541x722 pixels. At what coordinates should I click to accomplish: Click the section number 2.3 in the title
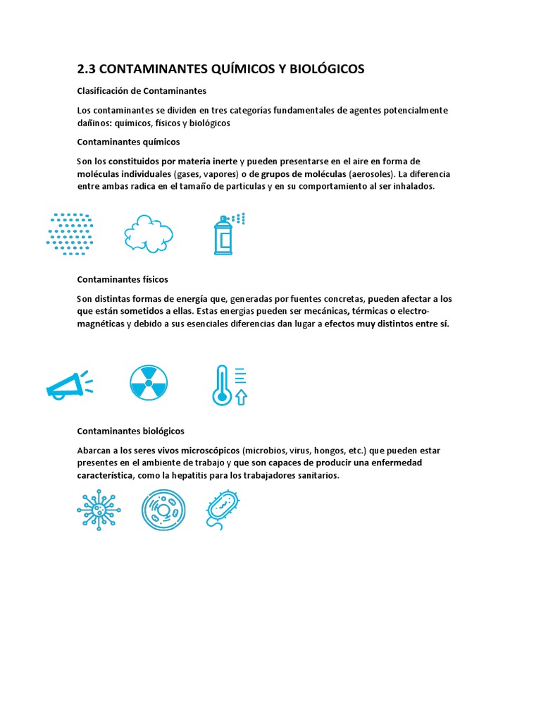pyautogui.click(x=85, y=69)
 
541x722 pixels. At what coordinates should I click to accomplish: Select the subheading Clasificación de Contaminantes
pyautogui.click(x=141, y=91)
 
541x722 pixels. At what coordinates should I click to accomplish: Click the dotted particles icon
pyautogui.click(x=70, y=232)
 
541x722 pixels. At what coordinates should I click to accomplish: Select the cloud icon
pyautogui.click(x=149, y=232)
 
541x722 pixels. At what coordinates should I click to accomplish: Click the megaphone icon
pyautogui.click(x=68, y=385)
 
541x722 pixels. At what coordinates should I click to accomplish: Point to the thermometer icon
pyautogui.click(x=222, y=385)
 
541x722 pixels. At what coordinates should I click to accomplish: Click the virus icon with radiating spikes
pyautogui.click(x=99, y=510)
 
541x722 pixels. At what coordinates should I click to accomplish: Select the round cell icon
pyautogui.click(x=163, y=510)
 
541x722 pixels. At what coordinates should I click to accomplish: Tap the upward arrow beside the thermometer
pyautogui.click(x=241, y=398)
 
